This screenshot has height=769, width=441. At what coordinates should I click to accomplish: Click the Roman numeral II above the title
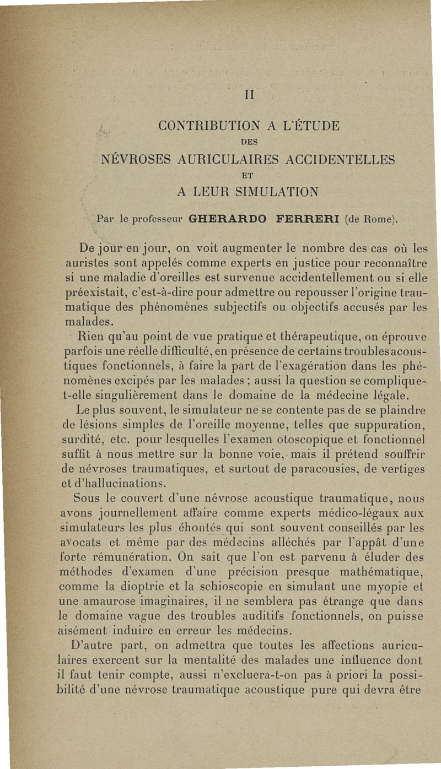(x=248, y=95)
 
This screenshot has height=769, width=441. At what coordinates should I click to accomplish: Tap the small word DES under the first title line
(x=248, y=143)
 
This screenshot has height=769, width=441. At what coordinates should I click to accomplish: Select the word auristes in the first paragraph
(x=78, y=258)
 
